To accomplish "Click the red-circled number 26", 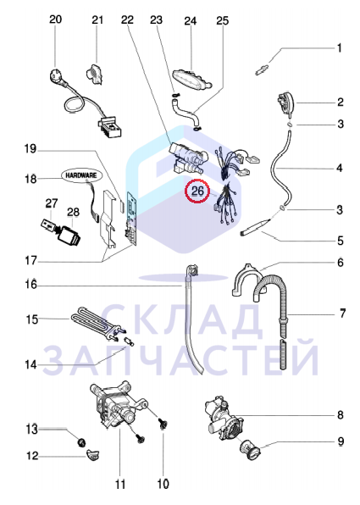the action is pyautogui.click(x=197, y=191).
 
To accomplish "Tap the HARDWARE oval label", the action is pyautogui.click(x=81, y=175).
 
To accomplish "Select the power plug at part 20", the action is pyautogui.click(x=57, y=77).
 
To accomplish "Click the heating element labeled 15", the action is pyautogui.click(x=97, y=323).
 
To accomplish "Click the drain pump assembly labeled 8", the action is pyautogui.click(x=224, y=418).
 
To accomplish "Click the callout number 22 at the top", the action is pyautogui.click(x=127, y=20).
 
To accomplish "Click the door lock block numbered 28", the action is pyautogui.click(x=69, y=236).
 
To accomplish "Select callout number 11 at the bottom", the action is pyautogui.click(x=120, y=484).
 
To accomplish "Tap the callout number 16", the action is pyautogui.click(x=31, y=286).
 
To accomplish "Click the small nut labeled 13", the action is pyautogui.click(x=81, y=443).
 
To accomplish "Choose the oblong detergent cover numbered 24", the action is pyautogui.click(x=192, y=79).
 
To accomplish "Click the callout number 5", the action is pyautogui.click(x=341, y=241).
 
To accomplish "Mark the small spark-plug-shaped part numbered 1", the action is pyautogui.click(x=261, y=70).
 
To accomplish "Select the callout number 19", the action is pyautogui.click(x=30, y=149).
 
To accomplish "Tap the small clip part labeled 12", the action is pyautogui.click(x=92, y=455).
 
